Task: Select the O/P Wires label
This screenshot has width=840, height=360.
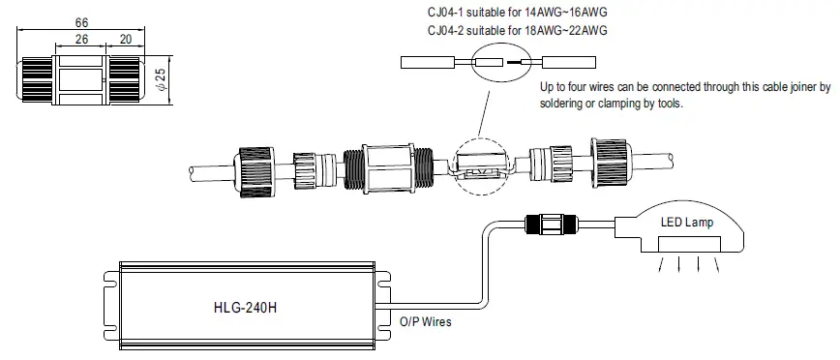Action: click(425, 320)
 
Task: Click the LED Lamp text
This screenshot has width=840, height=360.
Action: click(687, 222)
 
